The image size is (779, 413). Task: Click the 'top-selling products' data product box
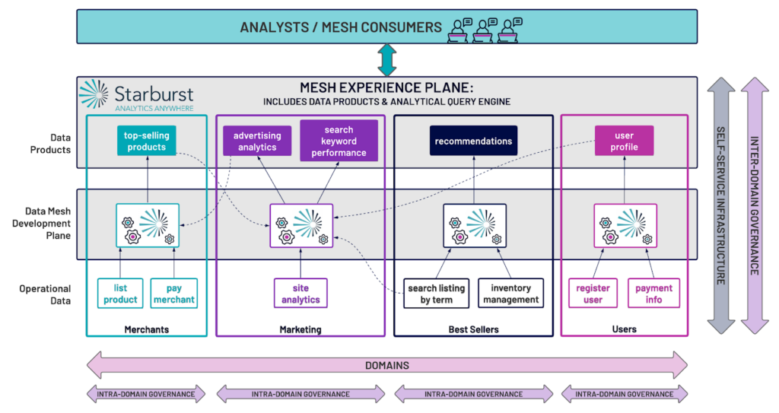pos(147,141)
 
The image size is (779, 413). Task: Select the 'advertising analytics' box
pos(257,141)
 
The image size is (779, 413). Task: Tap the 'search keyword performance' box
pos(339,141)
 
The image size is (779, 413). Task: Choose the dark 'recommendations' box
pos(473,141)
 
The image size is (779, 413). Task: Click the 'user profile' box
pos(624,141)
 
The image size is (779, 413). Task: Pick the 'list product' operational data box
pos(120,294)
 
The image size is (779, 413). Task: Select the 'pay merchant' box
pos(174,294)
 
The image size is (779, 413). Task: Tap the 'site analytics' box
pos(300,294)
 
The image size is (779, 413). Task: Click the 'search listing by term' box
pos(436,294)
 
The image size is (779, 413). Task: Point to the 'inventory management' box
pos(510,294)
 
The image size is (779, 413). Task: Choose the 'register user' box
pos(593,294)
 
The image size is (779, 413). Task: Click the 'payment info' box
pos(653,294)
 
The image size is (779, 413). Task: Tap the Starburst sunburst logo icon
pos(94,94)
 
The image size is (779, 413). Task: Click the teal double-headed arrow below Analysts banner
pos(387,60)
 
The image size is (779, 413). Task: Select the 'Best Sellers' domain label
pos(473,329)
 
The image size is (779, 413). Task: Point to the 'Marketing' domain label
pos(300,329)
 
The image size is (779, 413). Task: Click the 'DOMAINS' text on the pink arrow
pos(387,365)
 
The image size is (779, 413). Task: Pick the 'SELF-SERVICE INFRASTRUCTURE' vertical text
pos(721,205)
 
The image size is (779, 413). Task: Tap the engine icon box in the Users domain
pos(625,226)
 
